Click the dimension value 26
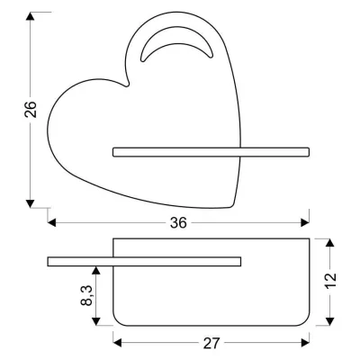tap(31, 109)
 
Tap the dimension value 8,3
tap(84, 296)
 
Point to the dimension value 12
tap(331, 279)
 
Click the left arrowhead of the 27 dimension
tap(117, 343)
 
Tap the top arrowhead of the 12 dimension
tap(331, 243)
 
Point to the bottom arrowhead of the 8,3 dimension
tap(96, 322)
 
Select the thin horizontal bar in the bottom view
tap(144, 262)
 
